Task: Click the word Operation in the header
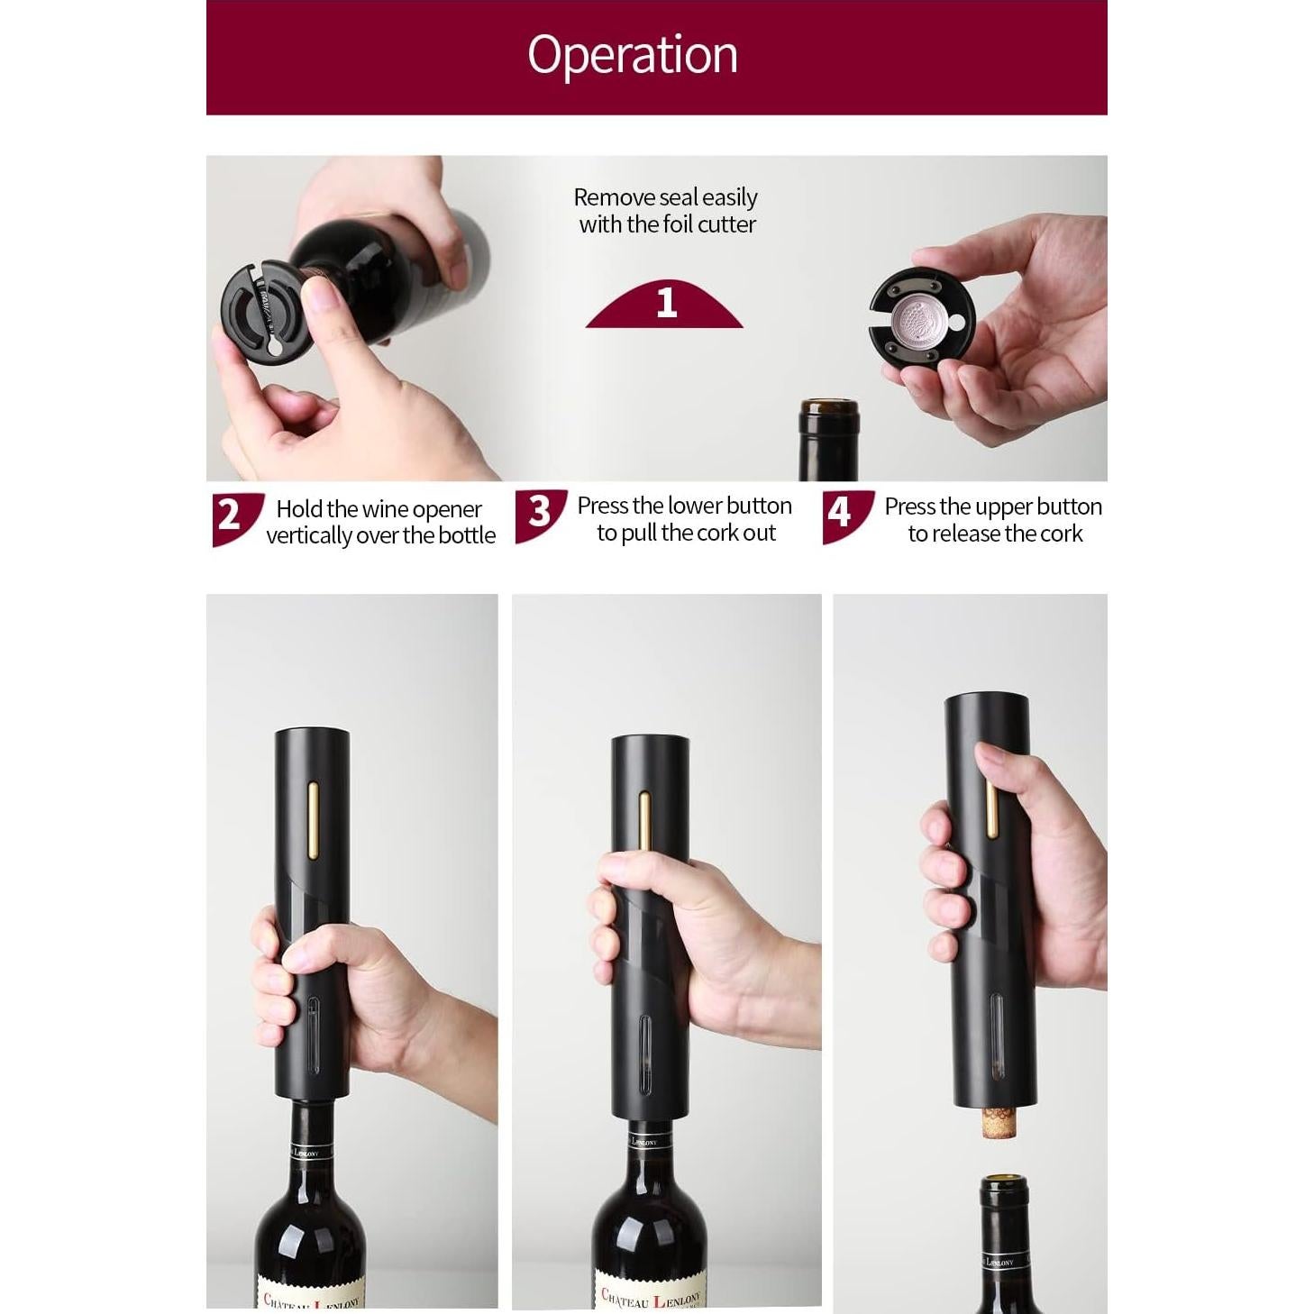[x=632, y=55]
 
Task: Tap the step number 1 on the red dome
[x=666, y=303]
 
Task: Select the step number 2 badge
[x=231, y=515]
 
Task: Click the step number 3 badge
[x=538, y=512]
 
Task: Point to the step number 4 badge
[x=840, y=513]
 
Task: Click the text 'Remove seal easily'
[x=665, y=197]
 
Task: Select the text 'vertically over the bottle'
[x=380, y=535]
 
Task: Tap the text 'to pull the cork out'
[x=686, y=534]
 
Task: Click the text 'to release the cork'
[x=995, y=534]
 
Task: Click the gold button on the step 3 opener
[x=645, y=820]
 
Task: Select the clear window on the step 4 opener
[x=996, y=1035]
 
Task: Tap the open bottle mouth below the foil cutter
[x=828, y=409]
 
